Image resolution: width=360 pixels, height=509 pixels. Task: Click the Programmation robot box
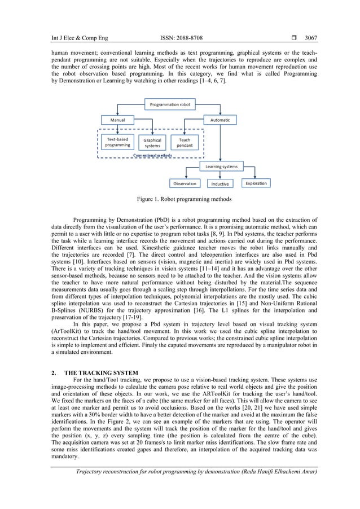(x=170, y=104)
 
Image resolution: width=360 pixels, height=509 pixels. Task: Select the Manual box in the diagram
(x=118, y=120)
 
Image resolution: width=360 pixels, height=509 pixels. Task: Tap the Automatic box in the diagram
(x=220, y=120)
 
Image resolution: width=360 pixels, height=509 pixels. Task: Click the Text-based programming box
(x=118, y=142)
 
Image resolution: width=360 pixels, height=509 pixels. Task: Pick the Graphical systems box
(x=152, y=143)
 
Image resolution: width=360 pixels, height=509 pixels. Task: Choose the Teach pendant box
(x=185, y=143)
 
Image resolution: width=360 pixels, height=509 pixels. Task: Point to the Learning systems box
(x=221, y=166)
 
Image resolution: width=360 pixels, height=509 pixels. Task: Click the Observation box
(x=185, y=183)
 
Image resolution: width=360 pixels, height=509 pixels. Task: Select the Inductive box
(x=220, y=183)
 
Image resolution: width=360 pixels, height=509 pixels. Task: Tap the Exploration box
(x=256, y=183)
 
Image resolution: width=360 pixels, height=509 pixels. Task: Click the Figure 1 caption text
(x=180, y=199)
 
